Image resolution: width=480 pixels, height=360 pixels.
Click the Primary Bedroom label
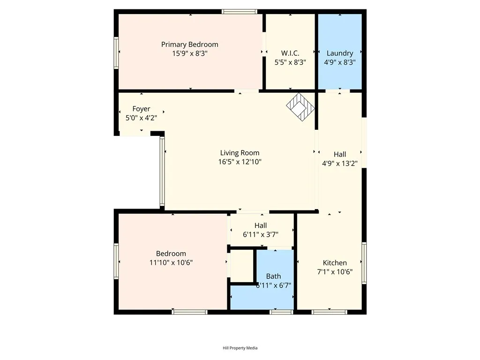pyautogui.click(x=189, y=45)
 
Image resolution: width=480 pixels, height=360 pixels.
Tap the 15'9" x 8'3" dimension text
pyautogui.click(x=189, y=53)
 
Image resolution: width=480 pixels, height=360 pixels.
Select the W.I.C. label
pyautogui.click(x=290, y=53)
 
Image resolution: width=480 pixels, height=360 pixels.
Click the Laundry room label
pyautogui.click(x=340, y=53)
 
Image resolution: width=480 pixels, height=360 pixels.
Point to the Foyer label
pyautogui.click(x=141, y=109)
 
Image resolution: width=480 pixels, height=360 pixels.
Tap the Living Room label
pyautogui.click(x=240, y=153)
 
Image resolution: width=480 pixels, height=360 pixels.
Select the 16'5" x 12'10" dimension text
pyautogui.click(x=240, y=162)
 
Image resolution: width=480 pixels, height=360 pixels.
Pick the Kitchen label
pyautogui.click(x=335, y=262)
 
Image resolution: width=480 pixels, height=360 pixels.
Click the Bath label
pyautogui.click(x=273, y=276)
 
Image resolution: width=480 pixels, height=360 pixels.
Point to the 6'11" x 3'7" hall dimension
pyautogui.click(x=261, y=234)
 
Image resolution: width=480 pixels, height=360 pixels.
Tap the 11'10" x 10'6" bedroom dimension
pyautogui.click(x=171, y=262)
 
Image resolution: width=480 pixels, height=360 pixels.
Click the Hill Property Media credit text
pyautogui.click(x=240, y=348)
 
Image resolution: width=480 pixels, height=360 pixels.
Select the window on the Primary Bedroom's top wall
pyautogui.click(x=240, y=12)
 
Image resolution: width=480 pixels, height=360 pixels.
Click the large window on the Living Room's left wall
pyautogui.click(x=163, y=171)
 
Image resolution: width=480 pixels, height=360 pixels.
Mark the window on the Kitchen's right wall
pyautogui.click(x=364, y=263)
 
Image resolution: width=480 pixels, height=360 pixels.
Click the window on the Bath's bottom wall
pyautogui.click(x=281, y=312)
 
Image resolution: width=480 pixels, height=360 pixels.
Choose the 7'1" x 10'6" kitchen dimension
pyautogui.click(x=335, y=271)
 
